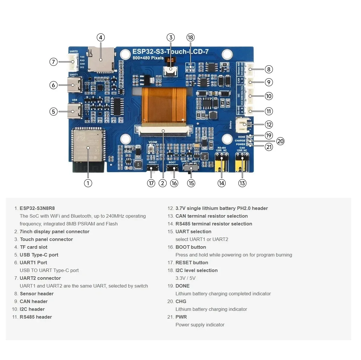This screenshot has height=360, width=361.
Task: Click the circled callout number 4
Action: [100, 37]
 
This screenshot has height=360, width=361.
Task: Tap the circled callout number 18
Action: [190, 37]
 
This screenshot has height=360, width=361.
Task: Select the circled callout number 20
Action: [280, 141]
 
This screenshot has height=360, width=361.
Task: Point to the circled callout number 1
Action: [88, 183]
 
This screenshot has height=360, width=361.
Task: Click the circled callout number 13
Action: [242, 183]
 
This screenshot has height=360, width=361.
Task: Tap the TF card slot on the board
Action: [101, 60]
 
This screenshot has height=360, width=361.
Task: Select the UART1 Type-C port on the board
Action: [74, 85]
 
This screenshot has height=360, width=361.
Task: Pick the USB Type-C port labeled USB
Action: [74, 111]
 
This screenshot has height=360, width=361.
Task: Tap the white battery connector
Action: [243, 124]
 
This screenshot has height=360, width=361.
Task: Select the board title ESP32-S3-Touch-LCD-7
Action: [170, 52]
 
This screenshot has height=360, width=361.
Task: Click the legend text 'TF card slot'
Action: [33, 247]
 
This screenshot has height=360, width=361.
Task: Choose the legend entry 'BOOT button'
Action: [191, 247]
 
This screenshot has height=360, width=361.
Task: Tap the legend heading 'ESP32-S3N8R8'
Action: [37, 208]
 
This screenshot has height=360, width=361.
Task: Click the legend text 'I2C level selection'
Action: [196, 270]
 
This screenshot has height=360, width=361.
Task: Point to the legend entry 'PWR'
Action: [181, 317]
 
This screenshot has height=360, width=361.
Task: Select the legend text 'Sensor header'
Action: [37, 294]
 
